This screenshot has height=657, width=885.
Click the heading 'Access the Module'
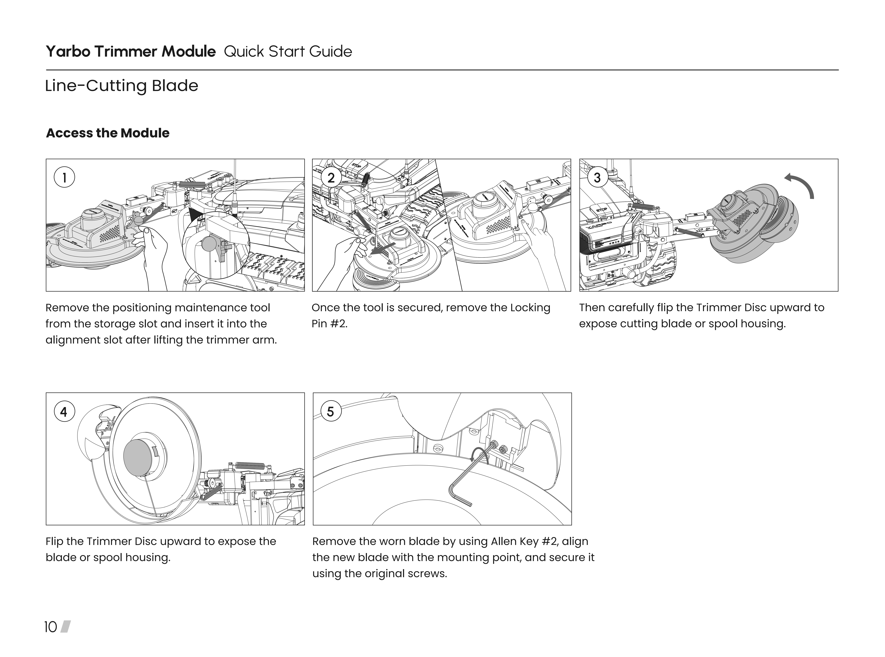point(108,133)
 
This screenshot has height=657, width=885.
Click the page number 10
point(50,627)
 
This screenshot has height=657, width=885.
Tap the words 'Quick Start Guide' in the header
point(288,52)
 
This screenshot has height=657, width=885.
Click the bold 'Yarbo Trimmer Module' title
point(131,52)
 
